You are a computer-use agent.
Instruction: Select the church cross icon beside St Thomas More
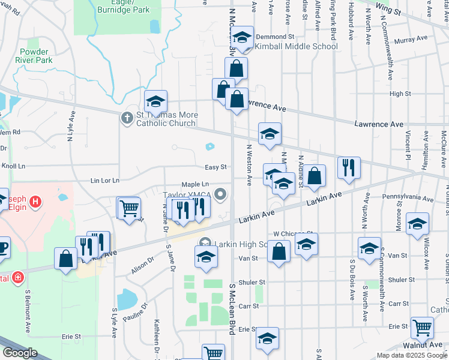click(x=127, y=118)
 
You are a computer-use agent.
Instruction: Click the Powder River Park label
click(x=36, y=56)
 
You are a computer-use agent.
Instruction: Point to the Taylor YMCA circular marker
click(x=221, y=194)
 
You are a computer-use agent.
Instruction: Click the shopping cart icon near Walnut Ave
click(x=423, y=328)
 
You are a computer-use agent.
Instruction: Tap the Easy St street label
click(x=215, y=167)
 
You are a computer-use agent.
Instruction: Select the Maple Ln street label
click(x=196, y=185)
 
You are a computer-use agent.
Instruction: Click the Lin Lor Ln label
click(x=105, y=180)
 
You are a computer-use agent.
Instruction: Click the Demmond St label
click(x=273, y=37)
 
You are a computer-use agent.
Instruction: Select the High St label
click(x=400, y=94)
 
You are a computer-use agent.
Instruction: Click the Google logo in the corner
click(x=20, y=353)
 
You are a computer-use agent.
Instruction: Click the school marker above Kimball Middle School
click(x=242, y=37)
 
